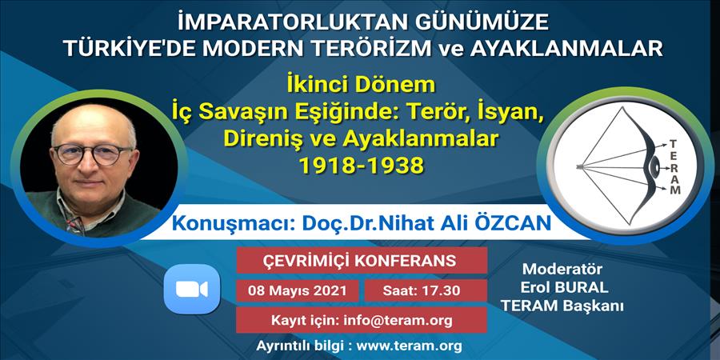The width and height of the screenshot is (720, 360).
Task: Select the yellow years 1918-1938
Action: click(362, 166)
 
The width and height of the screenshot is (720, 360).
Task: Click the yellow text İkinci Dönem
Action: click(361, 86)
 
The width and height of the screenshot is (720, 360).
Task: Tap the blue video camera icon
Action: click(192, 290)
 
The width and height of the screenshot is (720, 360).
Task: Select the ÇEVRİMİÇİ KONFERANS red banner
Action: click(362, 260)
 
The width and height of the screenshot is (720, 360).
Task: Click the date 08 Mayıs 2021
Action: click(297, 290)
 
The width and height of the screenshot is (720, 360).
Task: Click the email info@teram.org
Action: click(398, 320)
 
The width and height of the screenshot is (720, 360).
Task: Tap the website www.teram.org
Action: click(409, 345)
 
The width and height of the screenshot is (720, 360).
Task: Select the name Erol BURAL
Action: click(564, 287)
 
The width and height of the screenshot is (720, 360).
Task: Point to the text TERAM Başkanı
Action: click(563, 306)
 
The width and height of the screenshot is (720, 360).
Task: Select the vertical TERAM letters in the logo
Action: click(674, 167)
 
